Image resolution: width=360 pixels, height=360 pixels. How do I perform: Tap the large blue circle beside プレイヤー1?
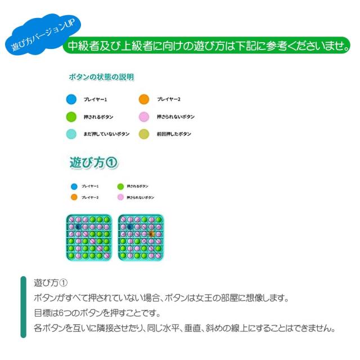(x=71, y=100)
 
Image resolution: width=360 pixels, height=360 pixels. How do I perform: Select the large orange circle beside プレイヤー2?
(x=144, y=100)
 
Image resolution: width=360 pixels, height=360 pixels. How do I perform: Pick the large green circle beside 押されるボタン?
(x=71, y=117)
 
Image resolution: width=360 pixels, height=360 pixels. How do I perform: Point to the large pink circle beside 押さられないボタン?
(x=144, y=117)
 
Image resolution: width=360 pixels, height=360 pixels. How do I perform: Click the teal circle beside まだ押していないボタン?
(x=71, y=134)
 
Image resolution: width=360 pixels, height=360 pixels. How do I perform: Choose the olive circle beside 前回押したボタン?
(x=144, y=134)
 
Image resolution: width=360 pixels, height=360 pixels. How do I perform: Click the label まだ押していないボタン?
(x=107, y=134)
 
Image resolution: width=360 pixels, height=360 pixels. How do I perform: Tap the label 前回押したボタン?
(x=174, y=134)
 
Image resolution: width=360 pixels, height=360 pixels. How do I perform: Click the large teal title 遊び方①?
(x=93, y=163)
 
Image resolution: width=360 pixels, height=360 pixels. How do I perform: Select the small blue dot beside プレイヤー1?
(x=74, y=186)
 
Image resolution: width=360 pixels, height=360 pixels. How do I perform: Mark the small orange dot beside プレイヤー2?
(x=74, y=197)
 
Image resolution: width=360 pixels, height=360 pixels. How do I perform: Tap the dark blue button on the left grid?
(x=79, y=227)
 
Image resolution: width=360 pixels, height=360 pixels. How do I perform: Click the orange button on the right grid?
(x=151, y=233)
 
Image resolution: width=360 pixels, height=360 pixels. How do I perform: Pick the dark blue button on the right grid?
(x=130, y=227)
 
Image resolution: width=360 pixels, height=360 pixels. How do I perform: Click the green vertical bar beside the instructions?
(x=24, y=307)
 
